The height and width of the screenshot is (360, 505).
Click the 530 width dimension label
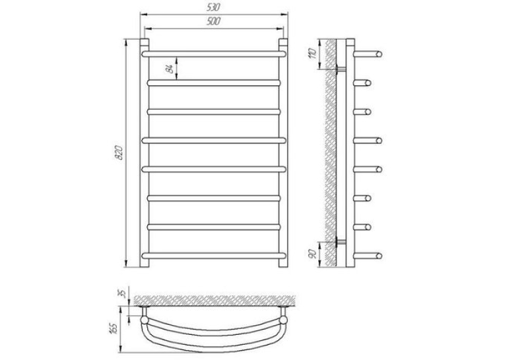tap(213, 7)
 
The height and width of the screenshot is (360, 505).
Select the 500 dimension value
tap(213, 21)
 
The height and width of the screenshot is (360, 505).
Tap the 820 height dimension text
tap(119, 153)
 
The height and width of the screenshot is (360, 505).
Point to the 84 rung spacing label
tap(170, 68)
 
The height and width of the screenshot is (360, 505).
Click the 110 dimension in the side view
tap(312, 54)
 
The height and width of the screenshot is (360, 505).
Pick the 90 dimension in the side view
tap(312, 254)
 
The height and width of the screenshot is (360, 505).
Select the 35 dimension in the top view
tap(122, 293)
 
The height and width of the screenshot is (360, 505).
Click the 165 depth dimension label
tap(114, 328)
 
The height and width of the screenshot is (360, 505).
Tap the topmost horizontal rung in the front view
tap(214, 54)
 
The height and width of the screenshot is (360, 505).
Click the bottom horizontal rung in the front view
tap(214, 256)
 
